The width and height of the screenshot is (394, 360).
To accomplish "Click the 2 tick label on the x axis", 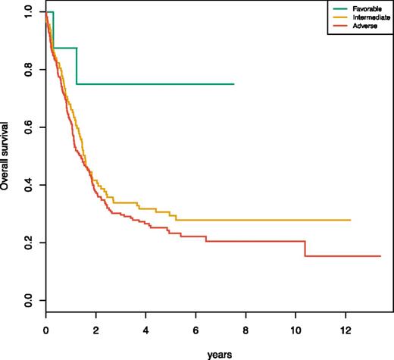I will pos(95,330).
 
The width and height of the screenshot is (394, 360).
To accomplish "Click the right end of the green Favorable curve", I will pos(234,84).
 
